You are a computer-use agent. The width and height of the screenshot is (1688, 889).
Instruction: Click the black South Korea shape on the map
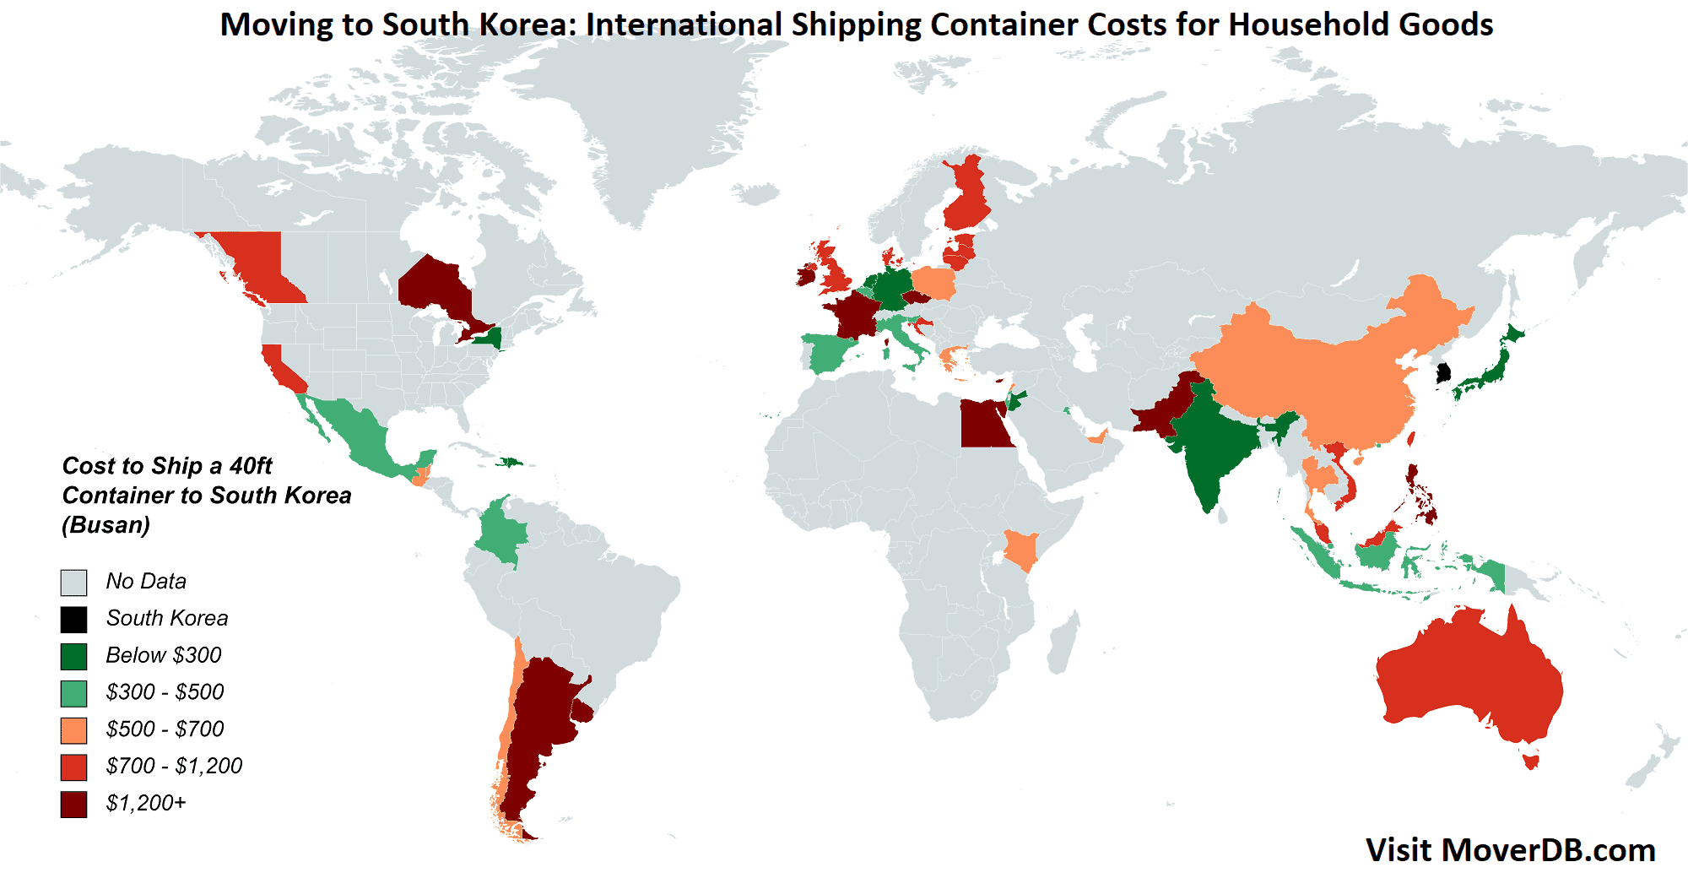[1443, 373]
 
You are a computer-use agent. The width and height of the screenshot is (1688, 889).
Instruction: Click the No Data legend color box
[73, 583]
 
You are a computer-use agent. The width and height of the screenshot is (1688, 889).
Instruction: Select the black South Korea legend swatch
[73, 620]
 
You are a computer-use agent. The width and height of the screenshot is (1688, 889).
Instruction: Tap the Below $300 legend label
[164, 655]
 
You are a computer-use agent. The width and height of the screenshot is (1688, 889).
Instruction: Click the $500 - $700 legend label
[165, 729]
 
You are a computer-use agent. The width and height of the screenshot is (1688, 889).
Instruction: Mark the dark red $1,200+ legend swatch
[73, 804]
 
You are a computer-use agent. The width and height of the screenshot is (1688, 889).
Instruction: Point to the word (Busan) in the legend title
[106, 525]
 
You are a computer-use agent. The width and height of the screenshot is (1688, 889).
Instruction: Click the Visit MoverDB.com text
[1510, 850]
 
